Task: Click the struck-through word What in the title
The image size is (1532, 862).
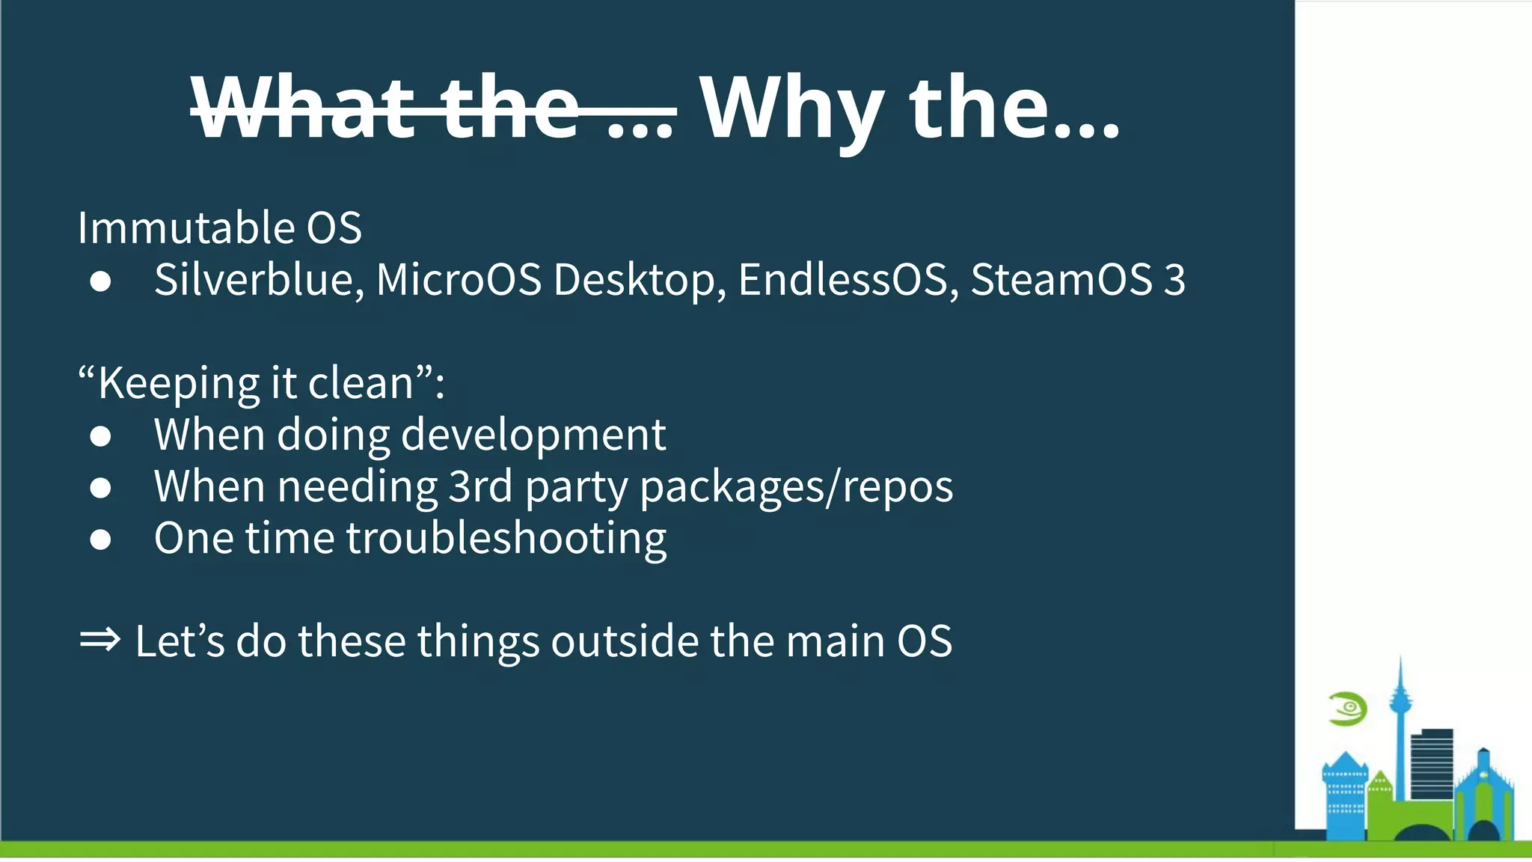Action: [x=303, y=109]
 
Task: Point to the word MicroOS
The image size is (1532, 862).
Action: [x=459, y=280]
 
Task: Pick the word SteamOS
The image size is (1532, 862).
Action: [x=1061, y=280]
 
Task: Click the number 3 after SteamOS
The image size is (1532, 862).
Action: [x=1174, y=280]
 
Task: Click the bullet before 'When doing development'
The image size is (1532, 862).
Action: [x=100, y=436]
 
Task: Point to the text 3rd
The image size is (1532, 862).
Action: [x=480, y=487]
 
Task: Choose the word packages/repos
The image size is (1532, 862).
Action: [x=796, y=488]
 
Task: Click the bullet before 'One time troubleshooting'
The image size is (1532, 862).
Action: [x=100, y=539]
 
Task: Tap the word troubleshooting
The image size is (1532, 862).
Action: [x=506, y=539]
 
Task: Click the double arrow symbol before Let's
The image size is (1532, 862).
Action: [x=99, y=641]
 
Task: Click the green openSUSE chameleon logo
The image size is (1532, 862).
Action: [x=1348, y=709]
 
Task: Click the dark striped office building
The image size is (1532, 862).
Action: [x=1432, y=763]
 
